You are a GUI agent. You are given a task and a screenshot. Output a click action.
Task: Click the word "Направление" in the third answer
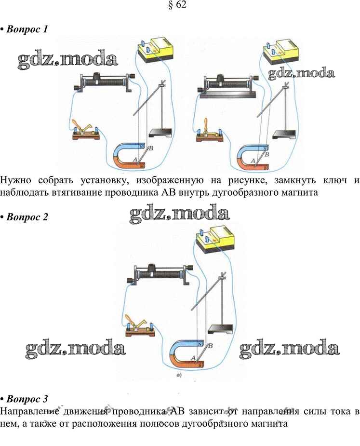click(28, 412)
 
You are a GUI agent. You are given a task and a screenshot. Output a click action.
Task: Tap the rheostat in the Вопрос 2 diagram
click(159, 275)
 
